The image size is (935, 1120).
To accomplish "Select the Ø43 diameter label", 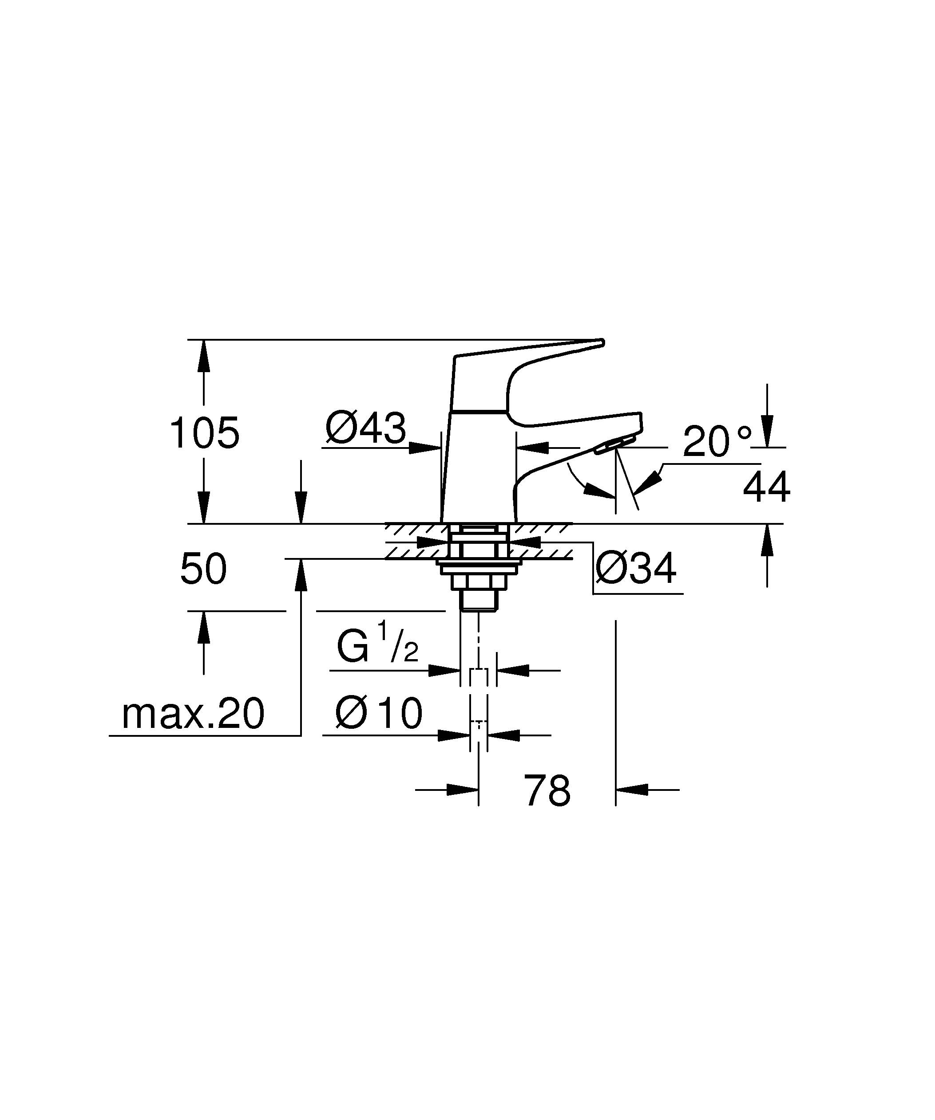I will [366, 428].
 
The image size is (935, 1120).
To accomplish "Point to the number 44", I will [766, 487].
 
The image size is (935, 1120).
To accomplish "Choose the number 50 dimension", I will [203, 570].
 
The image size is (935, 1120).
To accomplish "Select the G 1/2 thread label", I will [377, 648].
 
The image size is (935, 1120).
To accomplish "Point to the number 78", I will [547, 791].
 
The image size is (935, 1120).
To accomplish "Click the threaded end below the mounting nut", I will [479, 601].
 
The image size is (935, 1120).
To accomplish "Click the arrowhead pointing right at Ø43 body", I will [424, 448].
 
